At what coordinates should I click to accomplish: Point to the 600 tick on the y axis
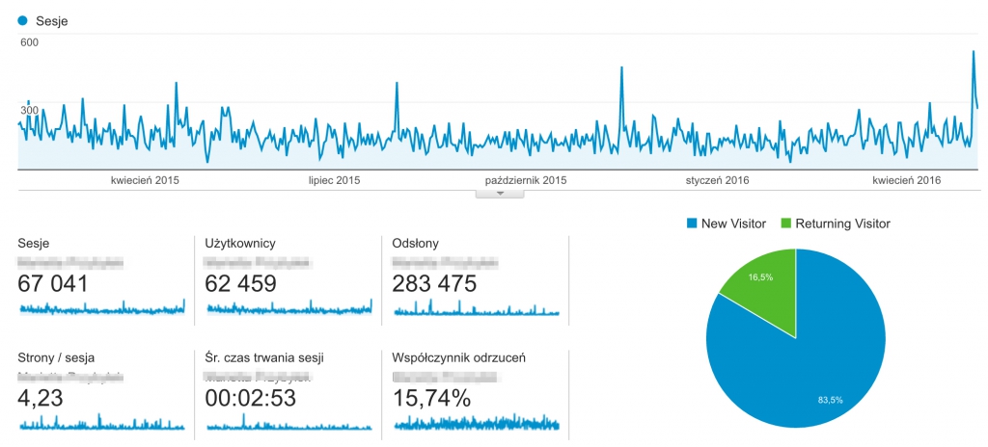29,42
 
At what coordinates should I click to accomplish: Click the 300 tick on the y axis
29,111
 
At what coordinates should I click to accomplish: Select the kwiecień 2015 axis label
145,180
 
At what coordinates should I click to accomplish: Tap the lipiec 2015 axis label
334,180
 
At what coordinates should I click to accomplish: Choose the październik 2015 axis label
526,180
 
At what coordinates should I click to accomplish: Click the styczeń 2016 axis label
717,180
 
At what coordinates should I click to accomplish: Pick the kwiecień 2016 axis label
907,180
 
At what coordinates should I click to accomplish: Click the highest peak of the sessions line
974,52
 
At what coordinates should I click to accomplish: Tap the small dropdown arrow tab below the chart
500,193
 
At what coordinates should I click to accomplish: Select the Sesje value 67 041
53,283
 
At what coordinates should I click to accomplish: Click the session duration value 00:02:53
250,397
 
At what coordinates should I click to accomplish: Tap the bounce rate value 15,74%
432,397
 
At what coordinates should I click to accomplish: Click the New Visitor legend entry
727,223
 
